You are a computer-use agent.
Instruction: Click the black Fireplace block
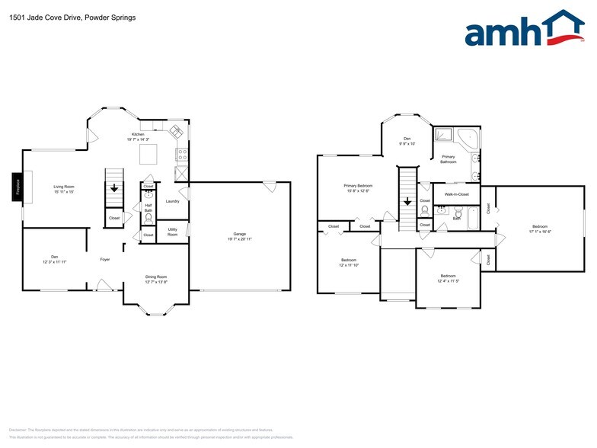17,187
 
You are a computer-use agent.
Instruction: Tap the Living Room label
63,187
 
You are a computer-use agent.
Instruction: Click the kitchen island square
148,154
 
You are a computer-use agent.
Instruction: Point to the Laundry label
172,201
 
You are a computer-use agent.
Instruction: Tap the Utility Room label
172,232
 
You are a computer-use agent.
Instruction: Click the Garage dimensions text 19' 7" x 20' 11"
240,239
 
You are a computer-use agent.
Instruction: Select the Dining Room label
156,277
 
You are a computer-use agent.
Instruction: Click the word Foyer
105,260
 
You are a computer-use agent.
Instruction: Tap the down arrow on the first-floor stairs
114,188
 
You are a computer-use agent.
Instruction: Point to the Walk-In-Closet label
456,194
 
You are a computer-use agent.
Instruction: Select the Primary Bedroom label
358,186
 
